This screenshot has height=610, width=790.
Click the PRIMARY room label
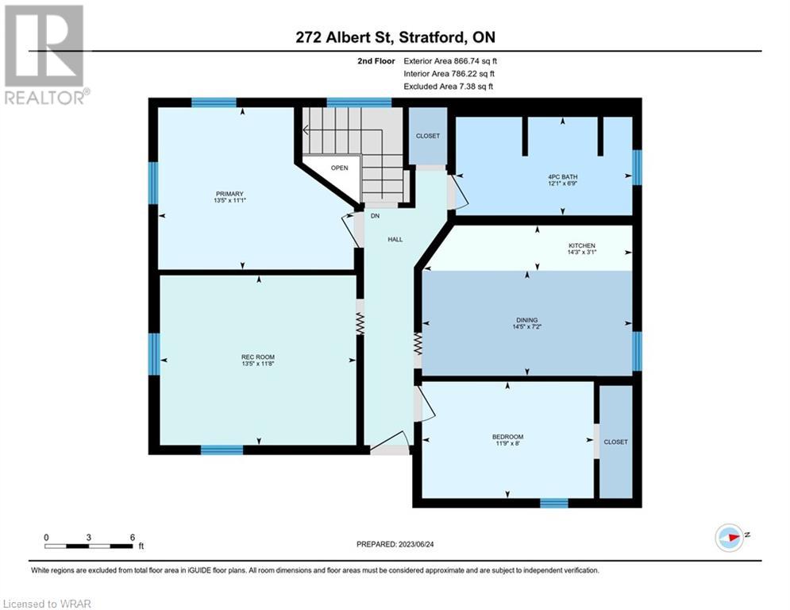(x=229, y=194)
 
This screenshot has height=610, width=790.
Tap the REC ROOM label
(x=258, y=357)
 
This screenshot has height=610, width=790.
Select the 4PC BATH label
(x=563, y=177)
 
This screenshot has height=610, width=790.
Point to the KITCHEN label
(x=582, y=245)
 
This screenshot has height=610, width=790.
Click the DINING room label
(x=527, y=320)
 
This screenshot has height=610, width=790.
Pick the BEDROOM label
(x=508, y=437)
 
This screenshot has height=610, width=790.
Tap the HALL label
(x=395, y=239)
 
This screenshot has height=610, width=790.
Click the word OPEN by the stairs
(x=340, y=168)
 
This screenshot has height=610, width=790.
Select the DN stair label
(x=375, y=216)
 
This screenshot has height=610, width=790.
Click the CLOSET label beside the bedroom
(x=615, y=442)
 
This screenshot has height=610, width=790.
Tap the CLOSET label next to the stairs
(x=428, y=136)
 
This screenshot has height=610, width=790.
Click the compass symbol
(x=730, y=538)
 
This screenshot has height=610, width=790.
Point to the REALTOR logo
(x=45, y=55)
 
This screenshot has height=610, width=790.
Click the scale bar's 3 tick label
(x=89, y=538)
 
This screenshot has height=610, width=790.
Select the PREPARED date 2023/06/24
(x=416, y=544)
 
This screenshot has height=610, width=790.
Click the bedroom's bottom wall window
(x=554, y=503)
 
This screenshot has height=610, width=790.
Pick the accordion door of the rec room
(x=360, y=323)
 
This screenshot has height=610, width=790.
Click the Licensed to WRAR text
(x=47, y=604)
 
